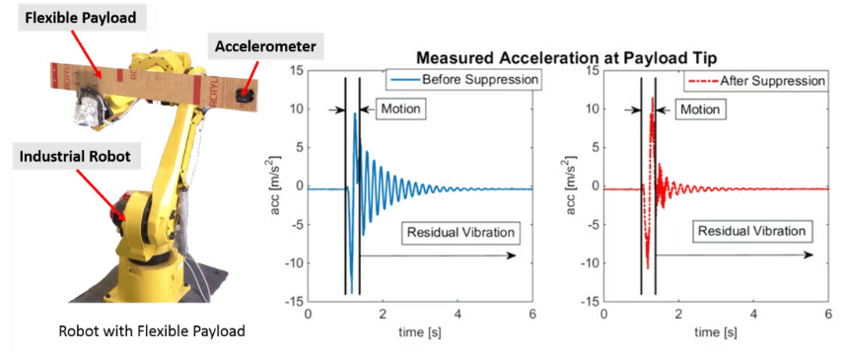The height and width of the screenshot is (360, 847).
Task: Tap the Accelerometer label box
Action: click(x=264, y=46)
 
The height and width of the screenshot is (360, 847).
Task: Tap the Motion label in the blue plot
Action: click(x=399, y=109)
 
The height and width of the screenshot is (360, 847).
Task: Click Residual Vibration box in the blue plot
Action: click(x=459, y=232)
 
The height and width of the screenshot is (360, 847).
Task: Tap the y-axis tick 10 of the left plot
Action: click(x=296, y=109)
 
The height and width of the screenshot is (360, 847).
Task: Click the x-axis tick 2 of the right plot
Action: click(x=678, y=315)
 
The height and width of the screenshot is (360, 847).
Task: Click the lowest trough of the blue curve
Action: click(x=352, y=292)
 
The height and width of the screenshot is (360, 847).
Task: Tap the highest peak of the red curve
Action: click(x=653, y=99)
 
